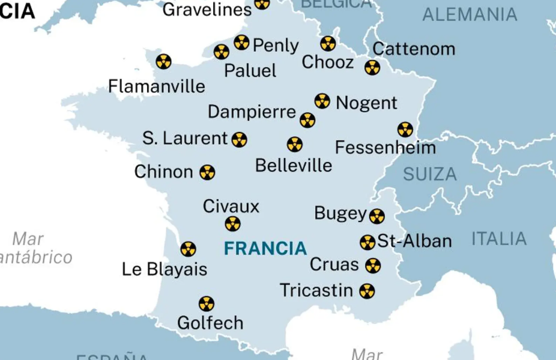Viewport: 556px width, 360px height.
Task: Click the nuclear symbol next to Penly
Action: click(241, 42)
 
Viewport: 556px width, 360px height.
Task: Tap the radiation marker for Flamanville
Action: click(163, 61)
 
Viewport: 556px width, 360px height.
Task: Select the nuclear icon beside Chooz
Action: click(328, 43)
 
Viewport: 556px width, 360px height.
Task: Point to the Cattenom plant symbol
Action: click(372, 67)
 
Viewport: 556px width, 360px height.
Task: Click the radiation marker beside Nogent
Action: click(322, 101)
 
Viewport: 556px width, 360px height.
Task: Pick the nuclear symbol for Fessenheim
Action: click(405, 129)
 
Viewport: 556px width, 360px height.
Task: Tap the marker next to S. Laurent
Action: click(239, 140)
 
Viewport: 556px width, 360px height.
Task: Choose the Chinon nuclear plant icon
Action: click(207, 172)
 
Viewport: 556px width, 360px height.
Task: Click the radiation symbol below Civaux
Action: click(232, 224)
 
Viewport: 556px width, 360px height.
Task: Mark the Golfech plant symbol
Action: click(206, 304)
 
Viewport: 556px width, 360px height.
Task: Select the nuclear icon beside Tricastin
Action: click(367, 291)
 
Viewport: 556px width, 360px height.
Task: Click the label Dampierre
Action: click(252, 112)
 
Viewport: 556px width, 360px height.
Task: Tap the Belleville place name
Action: click(293, 165)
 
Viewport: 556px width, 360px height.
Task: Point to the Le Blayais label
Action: click(165, 269)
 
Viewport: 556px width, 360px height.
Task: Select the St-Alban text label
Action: click(414, 241)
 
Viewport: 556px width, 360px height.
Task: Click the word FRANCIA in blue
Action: click(265, 248)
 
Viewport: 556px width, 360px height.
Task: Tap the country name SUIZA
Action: click(429, 175)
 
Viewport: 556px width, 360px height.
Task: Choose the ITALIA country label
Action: click(498, 238)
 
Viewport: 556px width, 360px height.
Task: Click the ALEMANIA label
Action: click(469, 14)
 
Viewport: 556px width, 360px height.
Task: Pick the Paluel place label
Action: click(250, 71)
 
